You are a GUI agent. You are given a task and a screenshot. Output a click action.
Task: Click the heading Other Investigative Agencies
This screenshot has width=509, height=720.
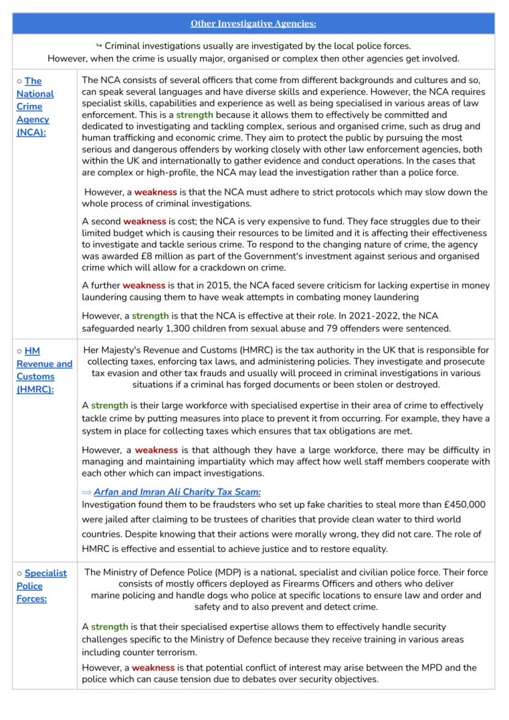[253, 23]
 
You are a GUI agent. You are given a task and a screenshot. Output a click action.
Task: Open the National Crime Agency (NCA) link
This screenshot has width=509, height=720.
[34, 106]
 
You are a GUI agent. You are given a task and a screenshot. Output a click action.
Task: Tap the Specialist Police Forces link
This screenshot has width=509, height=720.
[41, 585]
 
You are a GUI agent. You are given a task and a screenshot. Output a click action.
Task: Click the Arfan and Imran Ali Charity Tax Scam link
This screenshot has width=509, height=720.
[177, 492]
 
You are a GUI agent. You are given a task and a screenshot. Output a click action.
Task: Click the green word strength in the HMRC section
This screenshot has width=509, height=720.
[109, 406]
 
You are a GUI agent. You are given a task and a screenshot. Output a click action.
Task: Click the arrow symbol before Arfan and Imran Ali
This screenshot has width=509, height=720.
[87, 492]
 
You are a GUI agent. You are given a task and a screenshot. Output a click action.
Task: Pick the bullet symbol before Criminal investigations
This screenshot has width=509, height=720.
[99, 45]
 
